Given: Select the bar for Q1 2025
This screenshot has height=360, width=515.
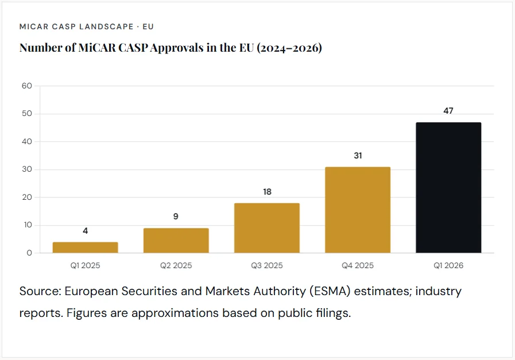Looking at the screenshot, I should (x=85, y=247).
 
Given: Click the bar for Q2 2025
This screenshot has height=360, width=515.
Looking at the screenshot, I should (x=176, y=241).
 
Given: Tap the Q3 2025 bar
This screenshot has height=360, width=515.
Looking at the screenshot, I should (x=266, y=228).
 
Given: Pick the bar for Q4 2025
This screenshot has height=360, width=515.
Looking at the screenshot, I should (x=358, y=210).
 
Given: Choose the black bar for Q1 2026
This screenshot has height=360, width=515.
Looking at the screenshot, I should (x=448, y=188).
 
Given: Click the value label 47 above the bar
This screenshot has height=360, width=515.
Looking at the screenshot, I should (x=448, y=111).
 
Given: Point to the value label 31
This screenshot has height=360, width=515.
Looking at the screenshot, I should (x=358, y=156).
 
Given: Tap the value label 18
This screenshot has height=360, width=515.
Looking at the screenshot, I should (x=267, y=192).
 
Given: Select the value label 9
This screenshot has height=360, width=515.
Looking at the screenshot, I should (x=176, y=216).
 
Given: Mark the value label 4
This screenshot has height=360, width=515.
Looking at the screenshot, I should (x=85, y=231).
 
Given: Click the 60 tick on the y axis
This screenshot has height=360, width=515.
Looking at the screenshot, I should (x=27, y=86).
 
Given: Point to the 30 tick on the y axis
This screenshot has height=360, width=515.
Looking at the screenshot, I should (x=27, y=169).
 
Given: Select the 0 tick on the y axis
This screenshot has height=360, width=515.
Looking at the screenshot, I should (x=29, y=253).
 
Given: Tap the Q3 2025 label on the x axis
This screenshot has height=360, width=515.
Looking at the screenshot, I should (x=266, y=266).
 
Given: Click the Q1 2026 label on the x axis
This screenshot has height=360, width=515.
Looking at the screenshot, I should (x=448, y=266).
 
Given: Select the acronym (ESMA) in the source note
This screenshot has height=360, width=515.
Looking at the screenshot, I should (x=332, y=291).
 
